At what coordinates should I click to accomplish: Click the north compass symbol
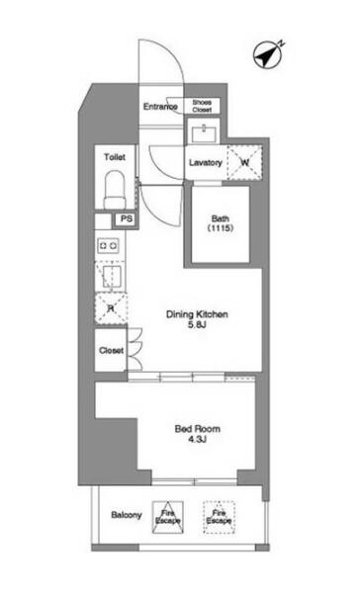268,55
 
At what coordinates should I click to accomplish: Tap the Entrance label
160,107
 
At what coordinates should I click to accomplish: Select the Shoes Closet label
202,106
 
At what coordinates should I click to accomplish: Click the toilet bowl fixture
115,190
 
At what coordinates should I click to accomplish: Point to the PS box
126,219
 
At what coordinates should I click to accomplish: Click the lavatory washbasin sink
204,133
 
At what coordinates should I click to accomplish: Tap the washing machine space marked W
244,162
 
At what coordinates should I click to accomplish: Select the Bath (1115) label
221,223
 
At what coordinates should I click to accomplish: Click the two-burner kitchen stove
108,246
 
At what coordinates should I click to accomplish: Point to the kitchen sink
111,276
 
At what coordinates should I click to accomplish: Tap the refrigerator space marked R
111,308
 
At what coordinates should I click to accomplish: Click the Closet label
112,351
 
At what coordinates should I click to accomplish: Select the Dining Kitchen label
197,314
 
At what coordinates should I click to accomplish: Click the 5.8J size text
197,324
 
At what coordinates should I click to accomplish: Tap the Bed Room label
197,429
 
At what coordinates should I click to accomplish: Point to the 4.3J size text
197,439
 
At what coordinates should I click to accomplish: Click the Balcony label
127,515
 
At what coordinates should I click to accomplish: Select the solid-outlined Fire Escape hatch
168,517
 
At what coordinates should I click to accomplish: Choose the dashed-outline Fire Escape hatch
219,517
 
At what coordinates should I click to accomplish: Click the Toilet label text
115,157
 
